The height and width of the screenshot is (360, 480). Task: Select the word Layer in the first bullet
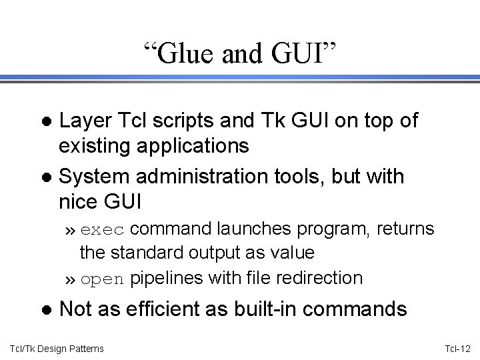tap(83, 121)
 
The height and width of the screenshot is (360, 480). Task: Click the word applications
tap(190, 145)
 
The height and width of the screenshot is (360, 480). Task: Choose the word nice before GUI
tap(78, 200)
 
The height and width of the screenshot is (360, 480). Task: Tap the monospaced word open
tap(103, 278)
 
